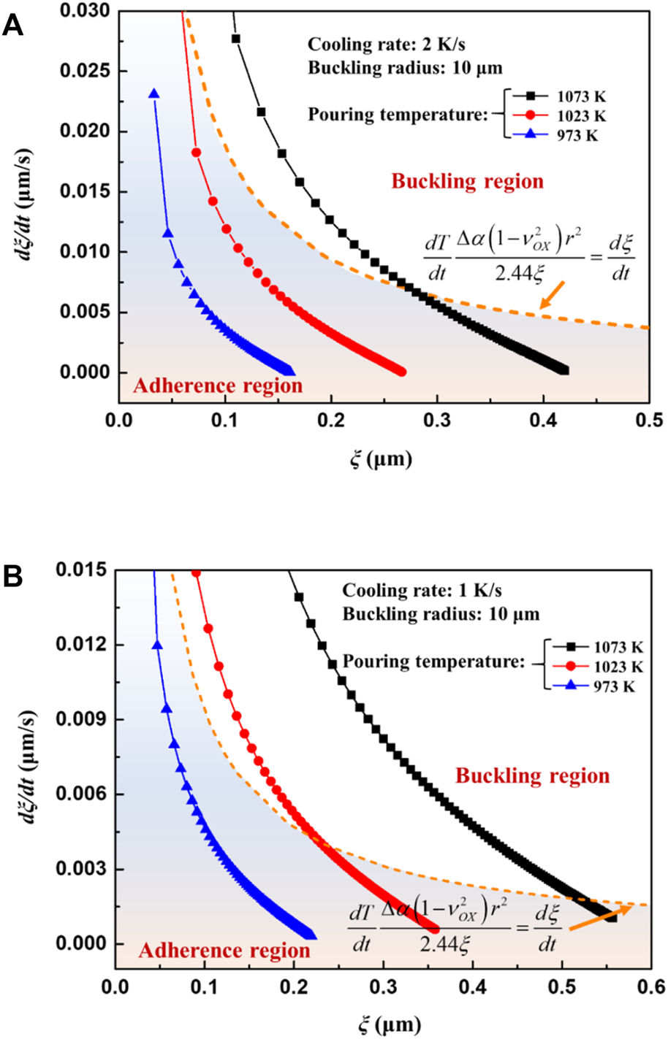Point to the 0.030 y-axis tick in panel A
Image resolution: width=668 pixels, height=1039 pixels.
tap(88, 12)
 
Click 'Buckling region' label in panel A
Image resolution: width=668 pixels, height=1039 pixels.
tap(467, 181)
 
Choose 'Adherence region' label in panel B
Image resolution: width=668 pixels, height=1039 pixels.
tap(224, 951)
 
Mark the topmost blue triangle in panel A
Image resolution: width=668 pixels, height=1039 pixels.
tap(153, 93)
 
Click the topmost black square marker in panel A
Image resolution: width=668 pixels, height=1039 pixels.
tap(236, 39)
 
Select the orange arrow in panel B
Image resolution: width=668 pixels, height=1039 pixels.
tap(599, 918)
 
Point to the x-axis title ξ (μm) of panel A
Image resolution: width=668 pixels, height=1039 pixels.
tap(381, 460)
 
